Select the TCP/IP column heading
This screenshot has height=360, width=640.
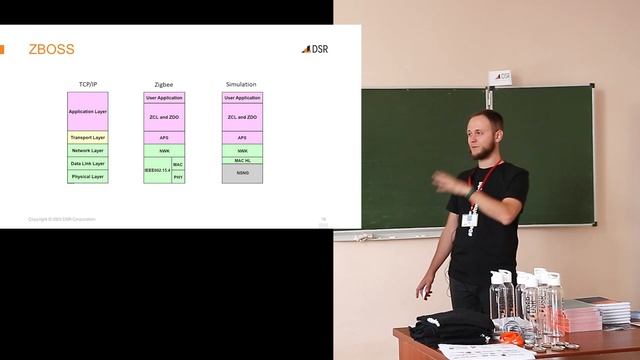coord(87,85)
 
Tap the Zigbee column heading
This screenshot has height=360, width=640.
coord(164,85)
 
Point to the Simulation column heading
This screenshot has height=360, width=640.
coord(242,85)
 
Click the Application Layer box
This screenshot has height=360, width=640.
coord(87,112)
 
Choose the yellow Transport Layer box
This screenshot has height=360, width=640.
coord(87,137)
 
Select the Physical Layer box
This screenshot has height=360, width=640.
coord(87,176)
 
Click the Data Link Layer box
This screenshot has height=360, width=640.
coord(87,163)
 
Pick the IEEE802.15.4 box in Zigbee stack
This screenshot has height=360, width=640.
coord(157,170)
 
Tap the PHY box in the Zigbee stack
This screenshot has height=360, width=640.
coord(178,177)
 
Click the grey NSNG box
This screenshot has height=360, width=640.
coord(242,173)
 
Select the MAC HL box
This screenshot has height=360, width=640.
coord(242,160)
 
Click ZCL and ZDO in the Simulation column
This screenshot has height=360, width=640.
coord(242,117)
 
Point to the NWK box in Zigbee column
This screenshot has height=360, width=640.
coord(164,150)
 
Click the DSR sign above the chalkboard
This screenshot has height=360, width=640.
coord(500,76)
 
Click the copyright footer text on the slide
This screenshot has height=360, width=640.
coord(62,218)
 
